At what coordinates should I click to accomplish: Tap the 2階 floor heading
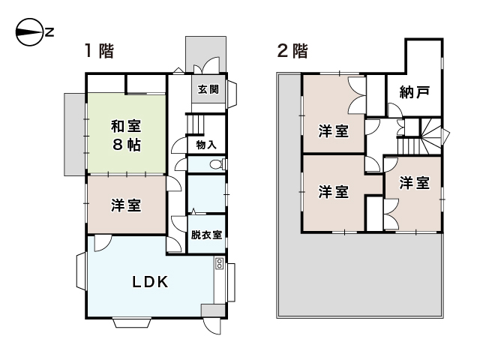point(292,52)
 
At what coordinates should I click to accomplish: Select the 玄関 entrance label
point(208,90)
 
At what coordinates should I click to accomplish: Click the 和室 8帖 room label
point(127,134)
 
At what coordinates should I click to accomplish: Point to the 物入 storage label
point(206,145)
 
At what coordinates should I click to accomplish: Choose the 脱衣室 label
point(205,235)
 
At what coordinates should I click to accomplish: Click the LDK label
point(150,283)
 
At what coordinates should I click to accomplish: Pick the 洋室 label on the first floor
point(127,205)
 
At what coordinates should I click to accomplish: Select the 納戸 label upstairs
point(415,93)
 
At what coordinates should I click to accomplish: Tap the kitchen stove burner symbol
point(220,263)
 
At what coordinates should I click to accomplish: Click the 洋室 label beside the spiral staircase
point(414,183)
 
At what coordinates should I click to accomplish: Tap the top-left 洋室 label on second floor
point(333,132)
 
